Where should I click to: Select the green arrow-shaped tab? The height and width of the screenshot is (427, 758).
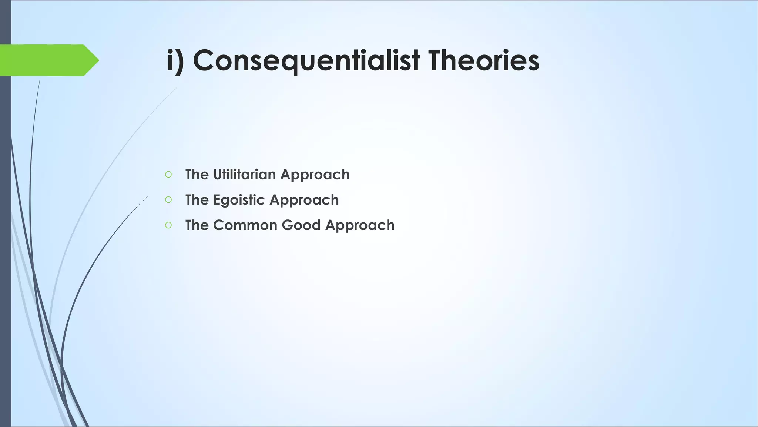[44, 60]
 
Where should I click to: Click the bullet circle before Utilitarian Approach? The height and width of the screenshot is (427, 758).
[168, 175]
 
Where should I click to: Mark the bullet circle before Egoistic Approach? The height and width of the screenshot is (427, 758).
[168, 200]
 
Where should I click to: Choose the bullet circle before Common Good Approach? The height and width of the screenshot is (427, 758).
[168, 225]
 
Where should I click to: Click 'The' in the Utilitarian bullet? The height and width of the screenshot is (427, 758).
[197, 175]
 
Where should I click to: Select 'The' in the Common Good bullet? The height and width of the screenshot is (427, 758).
[197, 225]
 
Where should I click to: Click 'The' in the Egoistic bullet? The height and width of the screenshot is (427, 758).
[197, 200]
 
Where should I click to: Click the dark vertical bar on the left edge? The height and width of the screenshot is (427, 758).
[5, 241]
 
